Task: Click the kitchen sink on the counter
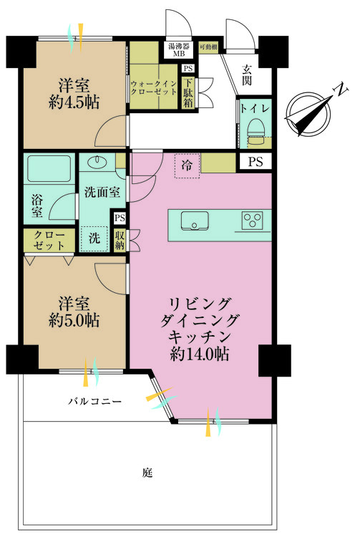pyautogui.click(x=194, y=219)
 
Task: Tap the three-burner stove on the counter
pyautogui.click(x=252, y=220)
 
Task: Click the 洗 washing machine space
pyautogui.click(x=94, y=238)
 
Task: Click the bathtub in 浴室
pyautogui.click(x=48, y=170)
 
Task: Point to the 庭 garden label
pyautogui.click(x=147, y=473)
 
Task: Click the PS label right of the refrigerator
pyautogui.click(x=256, y=163)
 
